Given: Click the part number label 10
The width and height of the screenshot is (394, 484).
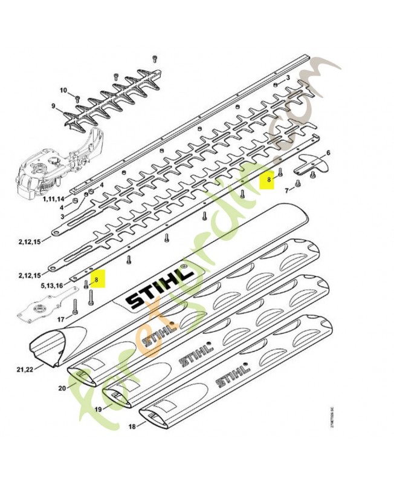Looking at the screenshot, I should coord(63,90).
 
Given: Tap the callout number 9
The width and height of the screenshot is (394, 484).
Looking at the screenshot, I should coord(53,106).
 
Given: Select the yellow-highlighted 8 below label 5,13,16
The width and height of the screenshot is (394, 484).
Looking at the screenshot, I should coord(96,280).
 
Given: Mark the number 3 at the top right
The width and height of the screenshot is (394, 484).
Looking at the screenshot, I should coord(288,78).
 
